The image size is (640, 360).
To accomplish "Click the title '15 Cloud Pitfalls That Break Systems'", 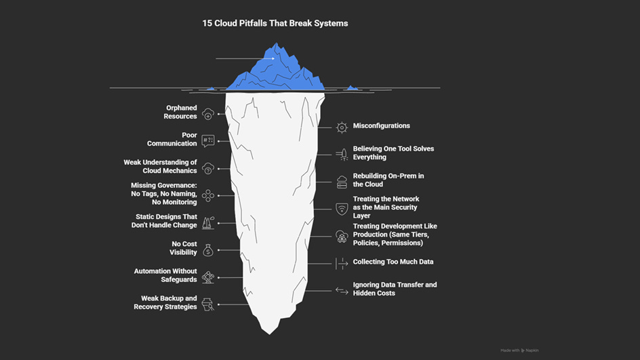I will [x=275, y=23].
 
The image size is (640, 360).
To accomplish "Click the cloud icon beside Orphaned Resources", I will [x=208, y=114].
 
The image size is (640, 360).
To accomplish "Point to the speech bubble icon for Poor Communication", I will [x=208, y=141].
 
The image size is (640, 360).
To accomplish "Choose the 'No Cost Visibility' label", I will [x=184, y=247].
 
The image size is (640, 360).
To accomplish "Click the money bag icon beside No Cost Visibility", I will [x=208, y=249].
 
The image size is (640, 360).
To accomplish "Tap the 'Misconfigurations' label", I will [x=381, y=126].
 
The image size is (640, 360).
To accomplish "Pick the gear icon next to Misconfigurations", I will [x=342, y=127].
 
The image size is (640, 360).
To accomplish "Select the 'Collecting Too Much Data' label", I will [x=393, y=262].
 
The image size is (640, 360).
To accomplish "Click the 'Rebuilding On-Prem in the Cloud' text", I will [x=387, y=180].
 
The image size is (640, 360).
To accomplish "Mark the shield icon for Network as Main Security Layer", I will [x=342, y=208].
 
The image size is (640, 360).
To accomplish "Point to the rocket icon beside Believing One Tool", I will [x=342, y=155].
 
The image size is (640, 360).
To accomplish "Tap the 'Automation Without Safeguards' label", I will [x=165, y=275].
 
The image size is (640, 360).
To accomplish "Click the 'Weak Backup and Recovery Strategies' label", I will [x=165, y=302].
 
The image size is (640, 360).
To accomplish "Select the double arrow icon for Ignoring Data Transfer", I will [x=342, y=290].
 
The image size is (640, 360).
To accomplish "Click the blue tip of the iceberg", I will [x=275, y=71].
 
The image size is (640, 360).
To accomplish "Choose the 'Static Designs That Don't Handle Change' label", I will [x=166, y=221].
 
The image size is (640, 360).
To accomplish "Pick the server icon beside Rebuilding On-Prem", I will [x=342, y=181].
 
